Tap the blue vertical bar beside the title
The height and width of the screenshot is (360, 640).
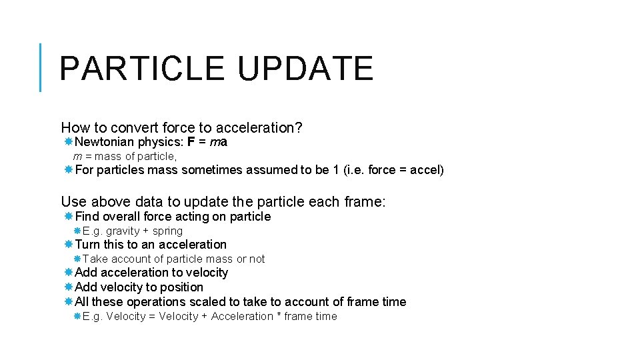tap(41, 67)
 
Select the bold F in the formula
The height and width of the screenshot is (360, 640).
tap(191, 141)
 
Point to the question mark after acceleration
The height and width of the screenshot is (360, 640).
tap(299, 127)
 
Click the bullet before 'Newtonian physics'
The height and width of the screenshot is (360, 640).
tap(69, 141)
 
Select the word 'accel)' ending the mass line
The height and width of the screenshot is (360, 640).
tap(427, 169)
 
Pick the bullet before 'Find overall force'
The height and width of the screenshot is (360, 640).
tap(69, 216)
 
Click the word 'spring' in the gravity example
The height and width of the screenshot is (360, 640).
tap(167, 231)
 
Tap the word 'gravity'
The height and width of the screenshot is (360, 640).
tap(123, 231)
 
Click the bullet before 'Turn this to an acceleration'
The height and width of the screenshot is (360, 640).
tap(69, 244)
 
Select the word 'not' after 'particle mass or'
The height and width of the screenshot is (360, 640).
tap(257, 259)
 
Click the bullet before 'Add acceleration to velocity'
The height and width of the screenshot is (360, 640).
tap(69, 272)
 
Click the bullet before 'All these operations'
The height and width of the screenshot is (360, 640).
tap(69, 301)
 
